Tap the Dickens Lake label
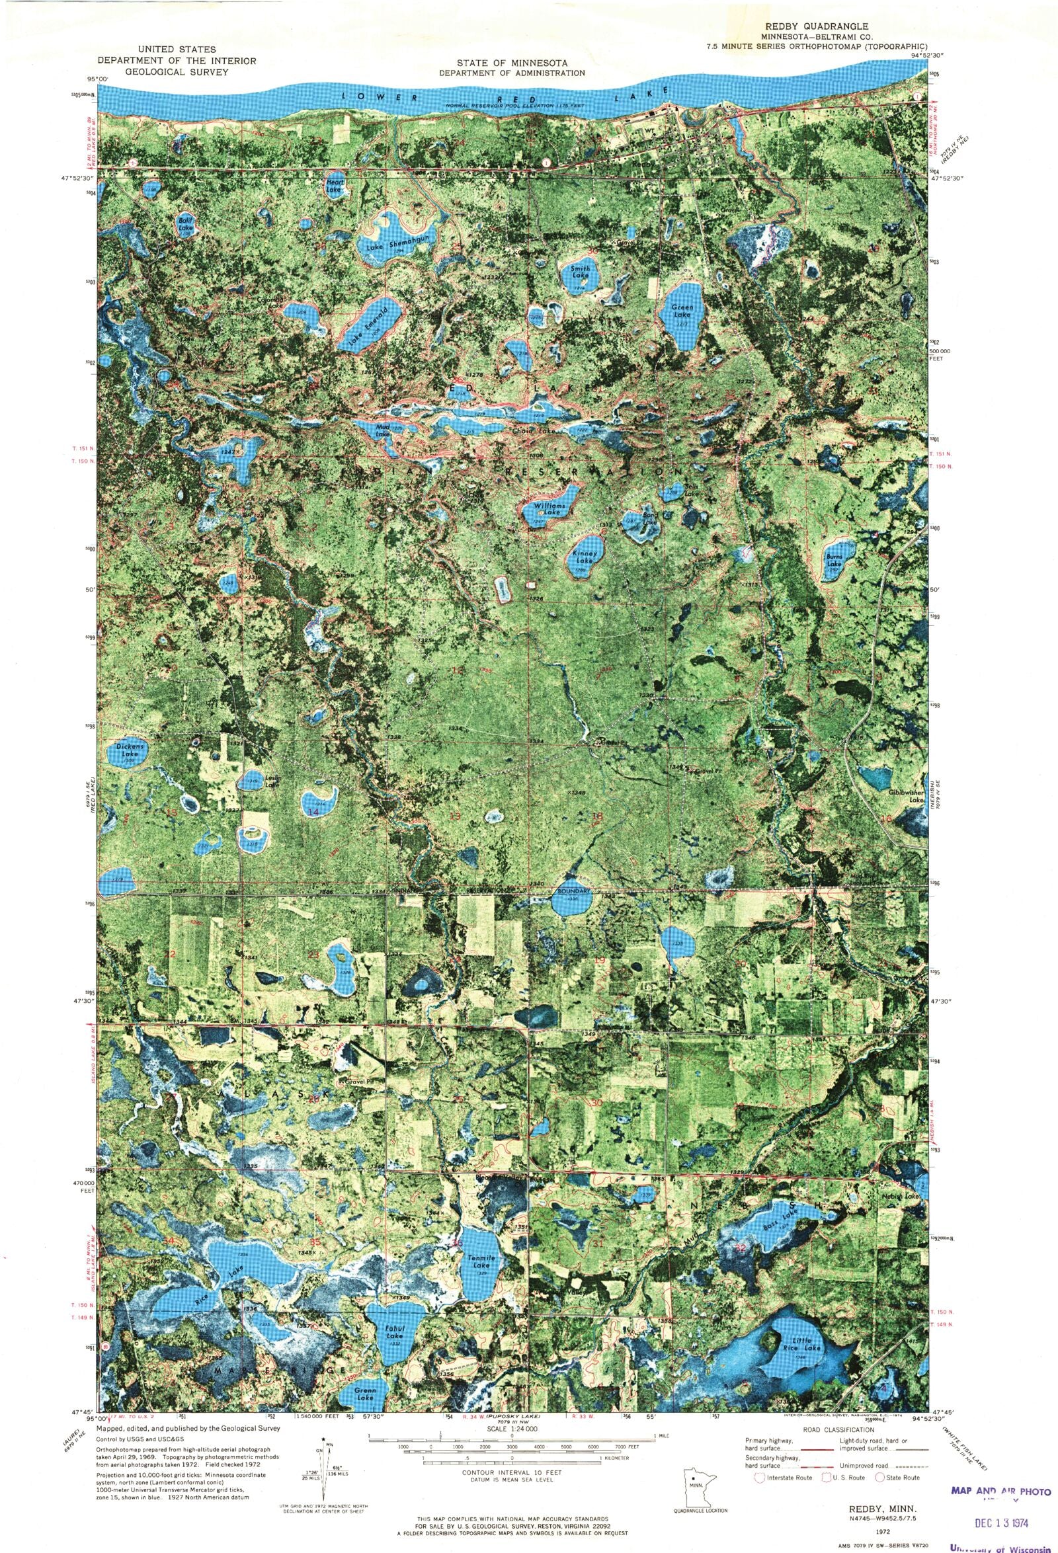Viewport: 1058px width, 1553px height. pyautogui.click(x=127, y=750)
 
